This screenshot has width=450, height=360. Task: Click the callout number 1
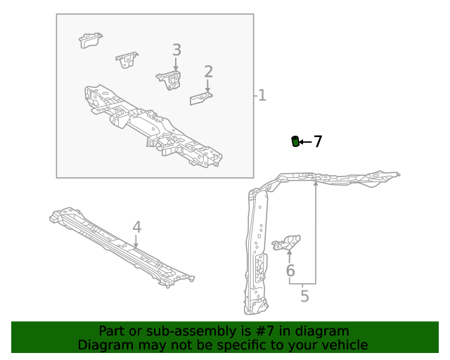click(262, 95)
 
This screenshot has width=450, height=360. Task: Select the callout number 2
click(209, 72)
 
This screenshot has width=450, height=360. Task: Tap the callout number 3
click(176, 50)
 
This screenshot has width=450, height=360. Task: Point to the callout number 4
click(137, 227)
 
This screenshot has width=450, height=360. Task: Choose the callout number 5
click(304, 296)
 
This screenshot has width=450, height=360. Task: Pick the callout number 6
click(290, 271)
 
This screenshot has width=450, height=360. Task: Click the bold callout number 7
click(318, 141)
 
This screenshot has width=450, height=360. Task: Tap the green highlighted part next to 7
click(295, 141)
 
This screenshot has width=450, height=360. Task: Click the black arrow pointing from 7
click(305, 142)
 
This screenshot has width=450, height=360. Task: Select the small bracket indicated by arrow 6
click(286, 243)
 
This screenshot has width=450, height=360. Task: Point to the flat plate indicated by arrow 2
click(201, 98)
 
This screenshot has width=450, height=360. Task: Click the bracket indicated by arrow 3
click(169, 80)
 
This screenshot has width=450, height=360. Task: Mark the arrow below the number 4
click(136, 241)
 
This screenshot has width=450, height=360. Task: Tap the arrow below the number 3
click(176, 64)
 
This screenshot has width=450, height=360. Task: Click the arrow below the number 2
click(207, 86)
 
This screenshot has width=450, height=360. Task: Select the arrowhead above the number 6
click(290, 252)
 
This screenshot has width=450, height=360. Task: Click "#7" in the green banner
click(265, 331)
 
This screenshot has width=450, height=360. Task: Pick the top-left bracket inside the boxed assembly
click(91, 40)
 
